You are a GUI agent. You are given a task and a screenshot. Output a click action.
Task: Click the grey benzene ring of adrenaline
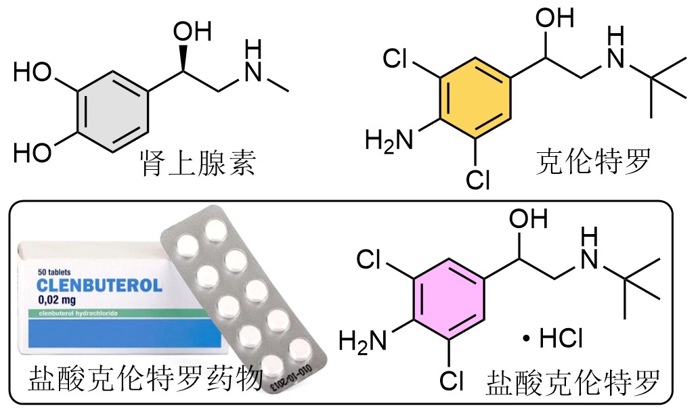pyautogui.click(x=113, y=112)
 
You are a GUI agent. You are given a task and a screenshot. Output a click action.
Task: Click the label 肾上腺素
pyautogui.click(x=198, y=163)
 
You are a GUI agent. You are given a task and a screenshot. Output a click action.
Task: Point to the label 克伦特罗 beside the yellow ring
pyautogui.click(x=593, y=161)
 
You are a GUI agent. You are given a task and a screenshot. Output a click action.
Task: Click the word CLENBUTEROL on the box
pyautogui.click(x=100, y=285)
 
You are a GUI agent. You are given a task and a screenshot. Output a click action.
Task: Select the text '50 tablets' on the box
pyautogui.click(x=54, y=272)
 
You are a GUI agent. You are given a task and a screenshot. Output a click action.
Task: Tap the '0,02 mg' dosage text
pyautogui.click(x=57, y=300)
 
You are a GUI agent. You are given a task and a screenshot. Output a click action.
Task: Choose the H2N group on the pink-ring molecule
pyautogui.click(x=363, y=342)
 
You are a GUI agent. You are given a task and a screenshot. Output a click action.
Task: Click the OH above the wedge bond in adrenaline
pyautogui.click(x=192, y=32)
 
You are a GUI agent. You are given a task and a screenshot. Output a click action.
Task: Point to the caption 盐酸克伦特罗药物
pyautogui.click(x=146, y=379)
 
